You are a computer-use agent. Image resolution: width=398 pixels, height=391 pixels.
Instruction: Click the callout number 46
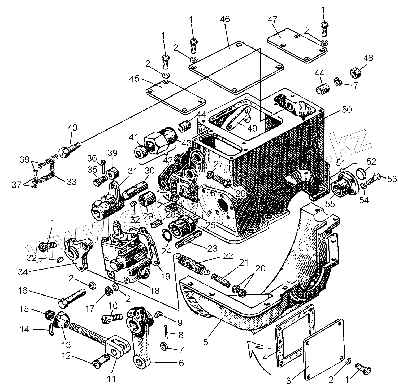point(225,19)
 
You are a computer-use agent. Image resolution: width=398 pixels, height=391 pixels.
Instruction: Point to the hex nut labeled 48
point(355,72)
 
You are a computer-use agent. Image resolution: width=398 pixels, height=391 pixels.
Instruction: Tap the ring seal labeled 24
point(167,234)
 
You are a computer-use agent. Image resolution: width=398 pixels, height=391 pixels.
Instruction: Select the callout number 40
point(72,128)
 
